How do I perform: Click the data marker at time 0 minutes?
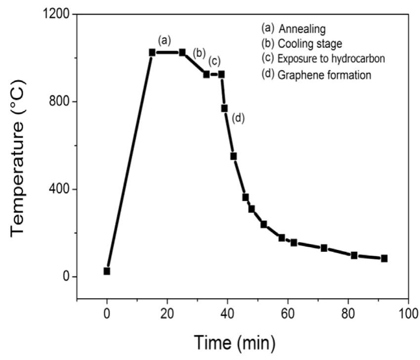pos(107,271)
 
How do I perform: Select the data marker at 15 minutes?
pos(152,52)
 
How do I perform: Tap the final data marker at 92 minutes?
pos(384,258)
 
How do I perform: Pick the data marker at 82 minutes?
pos(354,255)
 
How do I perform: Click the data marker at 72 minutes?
pos(324,248)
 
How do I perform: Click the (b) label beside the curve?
pos(199,52)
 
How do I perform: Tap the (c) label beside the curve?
pos(214,61)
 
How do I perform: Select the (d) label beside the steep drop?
pos(238,118)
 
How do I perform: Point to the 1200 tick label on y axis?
pos(55,14)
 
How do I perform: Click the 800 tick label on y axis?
pos(59,102)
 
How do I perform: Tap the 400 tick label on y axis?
pos(59,189)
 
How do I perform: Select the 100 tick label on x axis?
pos(408,314)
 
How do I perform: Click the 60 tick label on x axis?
pos(288,314)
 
